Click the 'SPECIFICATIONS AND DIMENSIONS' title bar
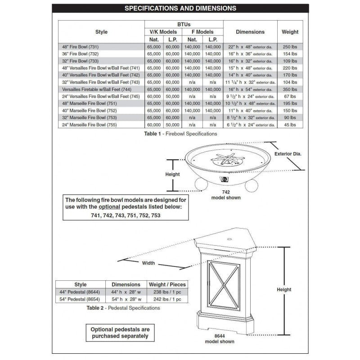[x=180, y=8]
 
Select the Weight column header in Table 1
[x=290, y=32]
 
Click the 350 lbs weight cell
[x=290, y=89]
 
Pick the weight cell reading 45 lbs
[x=290, y=125]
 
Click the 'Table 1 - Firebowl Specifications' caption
[x=180, y=134]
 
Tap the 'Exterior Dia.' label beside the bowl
[x=288, y=153]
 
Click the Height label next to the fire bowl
[x=172, y=174]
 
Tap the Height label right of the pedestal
[x=284, y=289]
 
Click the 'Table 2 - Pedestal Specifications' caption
[x=123, y=308]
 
